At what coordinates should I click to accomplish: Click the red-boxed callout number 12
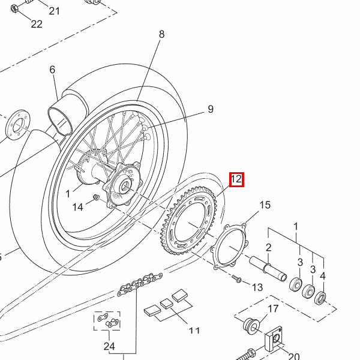[x=236, y=179]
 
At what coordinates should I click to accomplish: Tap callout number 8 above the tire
[x=161, y=34]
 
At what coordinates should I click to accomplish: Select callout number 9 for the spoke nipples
[x=211, y=109]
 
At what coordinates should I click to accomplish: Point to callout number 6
[x=52, y=70]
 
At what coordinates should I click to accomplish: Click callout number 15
[x=265, y=205]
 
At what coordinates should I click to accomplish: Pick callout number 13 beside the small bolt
[x=257, y=287]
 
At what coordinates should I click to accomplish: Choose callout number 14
[x=77, y=207]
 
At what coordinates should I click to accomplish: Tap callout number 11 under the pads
[x=194, y=331]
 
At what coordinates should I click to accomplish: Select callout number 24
[x=109, y=346]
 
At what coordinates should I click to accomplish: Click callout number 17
[x=273, y=309]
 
